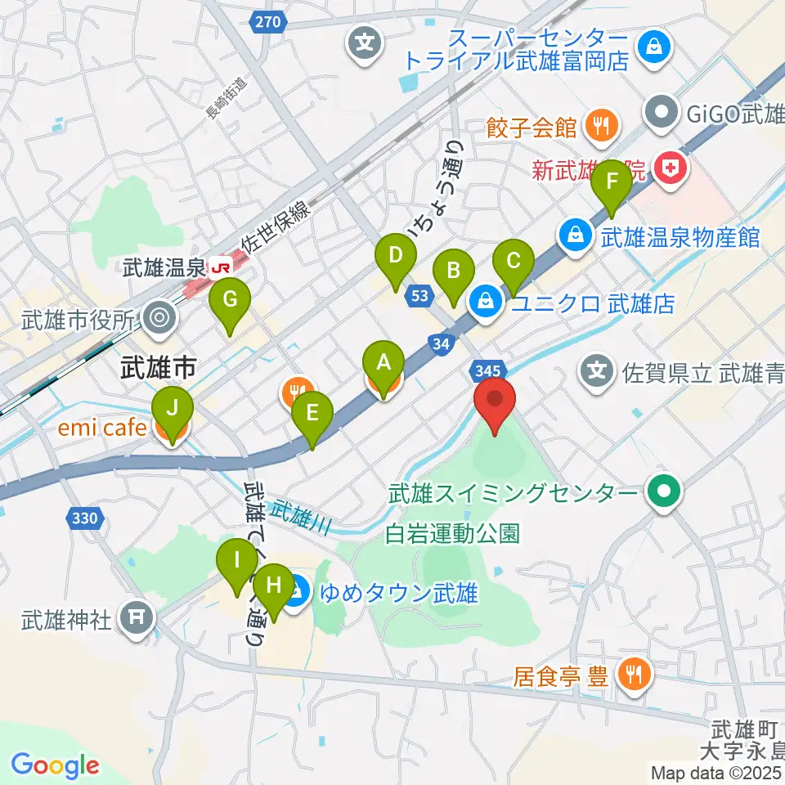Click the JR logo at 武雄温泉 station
tap(219, 267)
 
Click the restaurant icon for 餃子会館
tap(603, 127)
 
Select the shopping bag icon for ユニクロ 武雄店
tap(487, 303)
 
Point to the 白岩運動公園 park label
tap(453, 534)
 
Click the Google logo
tap(55, 765)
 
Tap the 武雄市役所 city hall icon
tap(158, 316)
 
